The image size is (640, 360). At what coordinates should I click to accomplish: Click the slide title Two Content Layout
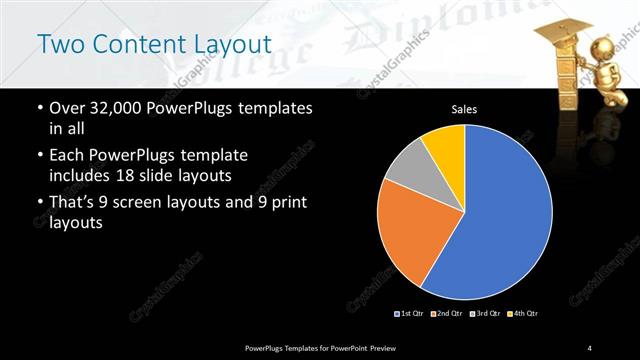tap(153, 45)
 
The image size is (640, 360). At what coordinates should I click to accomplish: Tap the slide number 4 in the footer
tap(590, 347)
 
